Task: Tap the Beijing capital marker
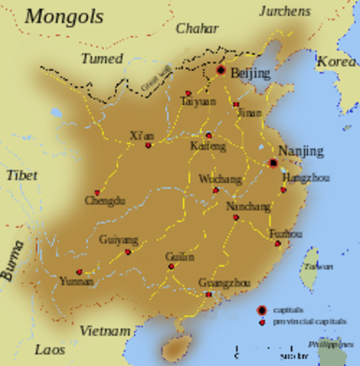click(x=220, y=70)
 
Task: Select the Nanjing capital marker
click(x=273, y=162)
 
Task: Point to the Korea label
click(x=336, y=62)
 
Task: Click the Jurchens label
click(x=284, y=11)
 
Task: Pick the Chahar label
click(x=197, y=29)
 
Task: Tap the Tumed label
click(x=103, y=59)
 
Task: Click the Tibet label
click(x=21, y=175)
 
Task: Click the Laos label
click(x=49, y=350)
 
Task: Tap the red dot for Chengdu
click(x=97, y=193)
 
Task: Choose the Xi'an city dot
click(x=148, y=145)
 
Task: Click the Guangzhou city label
click(x=224, y=284)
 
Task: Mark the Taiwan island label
click(x=313, y=268)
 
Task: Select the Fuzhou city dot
click(x=278, y=244)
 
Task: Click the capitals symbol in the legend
click(x=262, y=310)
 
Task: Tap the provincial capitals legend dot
click(x=262, y=322)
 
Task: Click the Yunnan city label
click(x=77, y=281)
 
